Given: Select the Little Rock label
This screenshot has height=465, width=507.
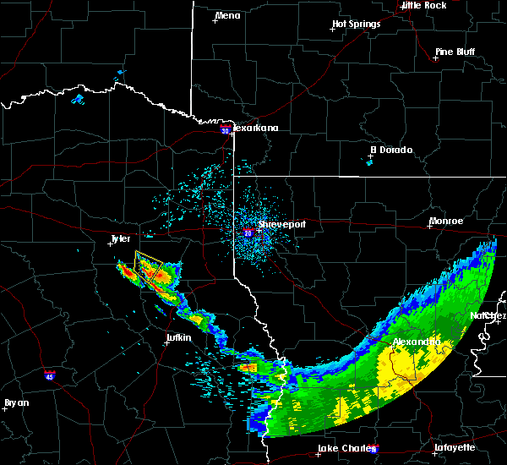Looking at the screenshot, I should (x=423, y=5).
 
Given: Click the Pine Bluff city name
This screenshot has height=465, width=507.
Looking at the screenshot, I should (x=455, y=52).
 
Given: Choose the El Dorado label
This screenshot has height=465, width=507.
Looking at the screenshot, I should (x=390, y=150).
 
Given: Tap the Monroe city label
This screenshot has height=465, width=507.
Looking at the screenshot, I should (x=445, y=222).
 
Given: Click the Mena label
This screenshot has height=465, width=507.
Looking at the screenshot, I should (x=227, y=16).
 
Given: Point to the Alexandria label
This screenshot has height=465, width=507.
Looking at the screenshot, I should (x=417, y=342).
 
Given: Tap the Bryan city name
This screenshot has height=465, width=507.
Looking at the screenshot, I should (x=16, y=402).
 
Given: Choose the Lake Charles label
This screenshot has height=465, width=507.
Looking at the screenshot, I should (x=343, y=448).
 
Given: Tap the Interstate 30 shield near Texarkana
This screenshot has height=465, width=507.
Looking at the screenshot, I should (x=225, y=130).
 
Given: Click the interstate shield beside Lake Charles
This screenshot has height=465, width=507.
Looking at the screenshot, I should (x=374, y=450).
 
